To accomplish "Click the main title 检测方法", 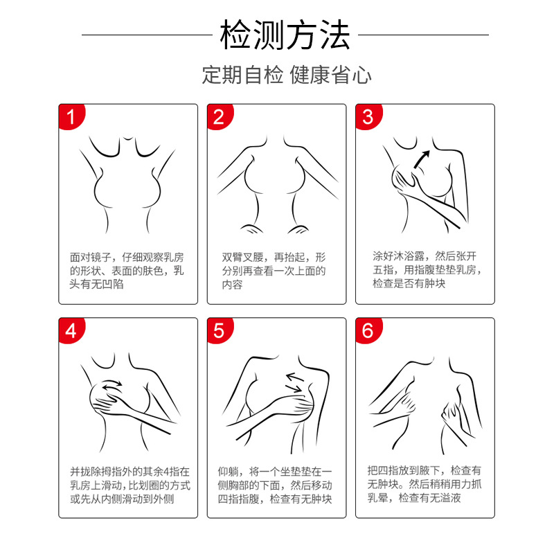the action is click(x=285, y=35).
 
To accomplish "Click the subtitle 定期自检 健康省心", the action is click(x=287, y=75).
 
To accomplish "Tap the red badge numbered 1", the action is click(x=71, y=116).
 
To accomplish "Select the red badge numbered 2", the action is click(x=220, y=116).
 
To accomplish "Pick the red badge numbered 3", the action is click(x=368, y=116).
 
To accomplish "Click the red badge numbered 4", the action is click(x=71, y=330).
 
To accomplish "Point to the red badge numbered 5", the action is click(x=220, y=330).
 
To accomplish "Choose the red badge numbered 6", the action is click(x=368, y=330).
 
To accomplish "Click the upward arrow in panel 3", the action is click(x=422, y=159).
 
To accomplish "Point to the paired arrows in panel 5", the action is click(x=295, y=383).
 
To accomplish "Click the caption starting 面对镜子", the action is click(x=127, y=271).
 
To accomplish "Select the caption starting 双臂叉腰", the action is click(x=274, y=271).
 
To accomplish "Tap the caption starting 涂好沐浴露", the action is click(x=427, y=269).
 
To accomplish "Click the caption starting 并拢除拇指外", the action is click(x=130, y=485).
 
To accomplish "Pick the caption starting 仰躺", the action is click(x=275, y=485).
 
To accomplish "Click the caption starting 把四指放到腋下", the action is click(x=425, y=484).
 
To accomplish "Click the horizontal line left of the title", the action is click(x=147, y=35).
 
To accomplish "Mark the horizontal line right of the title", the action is click(x=423, y=35).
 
